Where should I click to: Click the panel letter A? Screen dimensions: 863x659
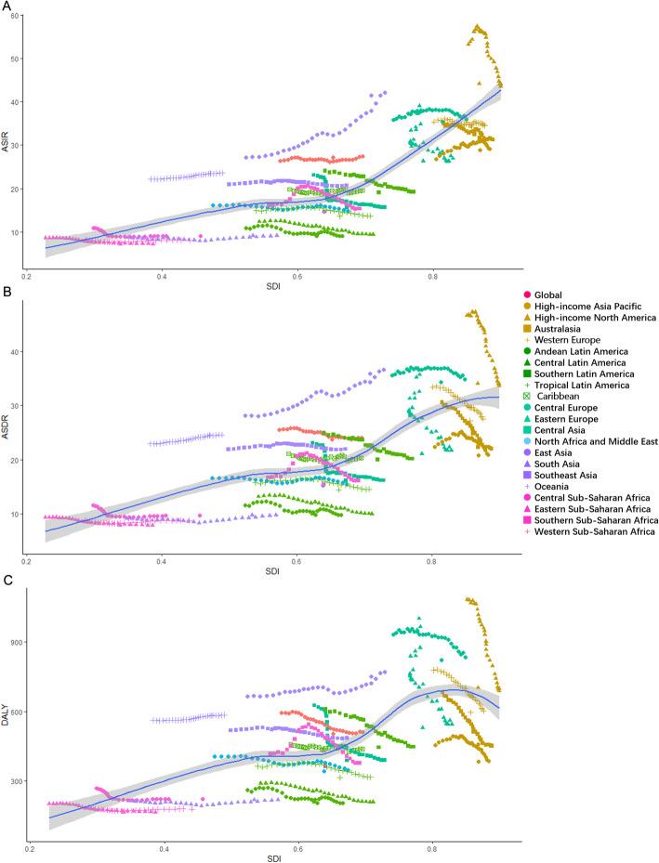(x=7, y=6)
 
